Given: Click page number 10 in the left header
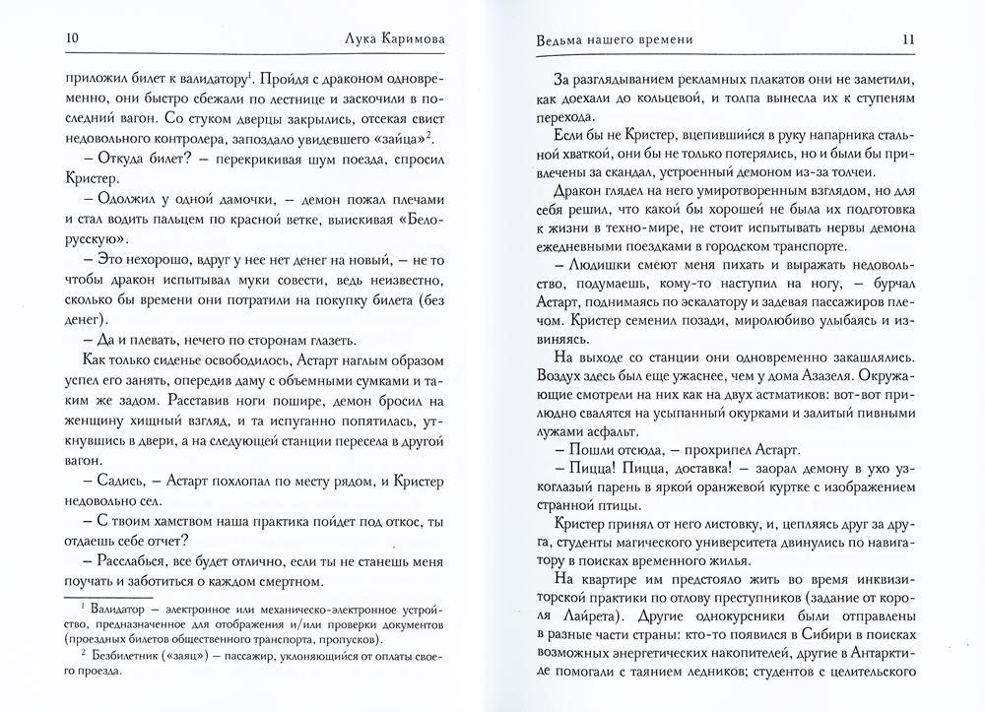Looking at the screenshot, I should (71, 38).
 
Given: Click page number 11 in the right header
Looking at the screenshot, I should (910, 39).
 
